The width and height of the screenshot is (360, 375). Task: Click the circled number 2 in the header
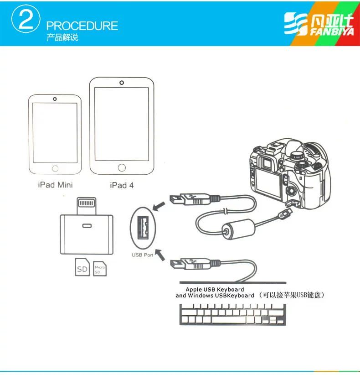(x=26, y=19)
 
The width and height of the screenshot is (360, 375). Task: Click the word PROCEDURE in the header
(x=82, y=26)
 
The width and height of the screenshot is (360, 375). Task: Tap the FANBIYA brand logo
(x=319, y=24)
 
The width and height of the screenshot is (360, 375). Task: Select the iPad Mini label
(x=55, y=185)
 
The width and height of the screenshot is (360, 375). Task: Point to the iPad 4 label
(x=122, y=185)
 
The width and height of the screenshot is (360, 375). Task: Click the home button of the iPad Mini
(x=55, y=169)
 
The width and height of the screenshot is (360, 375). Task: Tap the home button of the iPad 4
(x=122, y=167)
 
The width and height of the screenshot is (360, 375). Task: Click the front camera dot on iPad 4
(x=122, y=83)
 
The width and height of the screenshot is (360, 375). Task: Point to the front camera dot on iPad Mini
(x=55, y=99)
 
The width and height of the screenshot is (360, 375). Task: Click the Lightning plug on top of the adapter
(x=87, y=206)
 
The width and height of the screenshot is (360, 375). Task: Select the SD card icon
(x=82, y=267)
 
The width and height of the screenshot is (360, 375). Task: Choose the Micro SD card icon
(x=100, y=269)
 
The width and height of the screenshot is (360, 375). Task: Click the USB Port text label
(x=143, y=255)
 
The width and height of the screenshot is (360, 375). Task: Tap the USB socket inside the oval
(x=143, y=228)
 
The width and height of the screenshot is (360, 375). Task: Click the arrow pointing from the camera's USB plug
(x=159, y=206)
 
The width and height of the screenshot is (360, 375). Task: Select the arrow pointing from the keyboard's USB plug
(x=160, y=255)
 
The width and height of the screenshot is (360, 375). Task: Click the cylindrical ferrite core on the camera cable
(x=238, y=229)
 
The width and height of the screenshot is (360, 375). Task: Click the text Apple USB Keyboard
(x=215, y=289)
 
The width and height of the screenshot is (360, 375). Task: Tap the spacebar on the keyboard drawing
(x=229, y=319)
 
